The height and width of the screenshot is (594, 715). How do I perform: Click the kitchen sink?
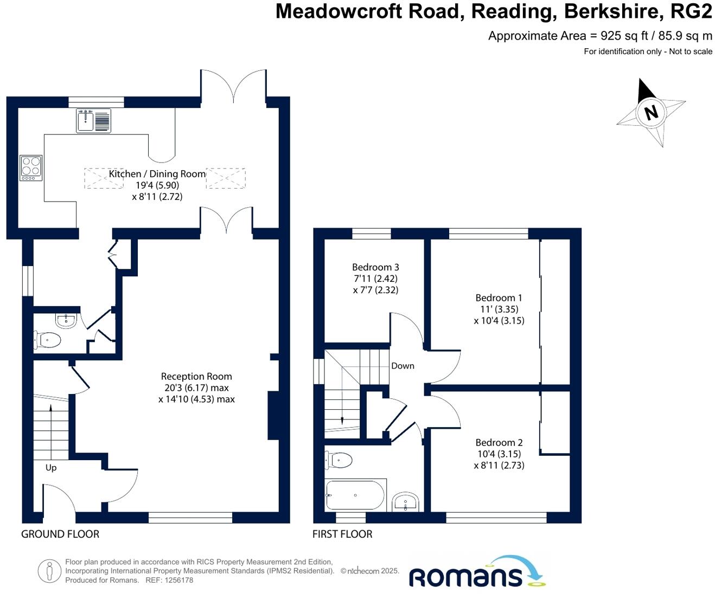(86, 120)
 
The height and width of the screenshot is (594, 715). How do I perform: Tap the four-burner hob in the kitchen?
(31, 167)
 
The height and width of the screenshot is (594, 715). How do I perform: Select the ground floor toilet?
(47, 340)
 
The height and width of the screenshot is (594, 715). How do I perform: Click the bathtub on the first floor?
(355, 495)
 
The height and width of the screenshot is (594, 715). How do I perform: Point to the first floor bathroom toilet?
(339, 460)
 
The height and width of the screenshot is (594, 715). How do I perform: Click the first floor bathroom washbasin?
(405, 502)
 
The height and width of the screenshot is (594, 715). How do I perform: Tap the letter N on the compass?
(650, 112)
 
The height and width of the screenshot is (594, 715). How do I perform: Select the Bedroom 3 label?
(375, 267)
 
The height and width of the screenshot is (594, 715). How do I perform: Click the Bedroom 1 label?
(499, 298)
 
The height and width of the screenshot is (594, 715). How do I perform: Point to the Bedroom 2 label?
(499, 442)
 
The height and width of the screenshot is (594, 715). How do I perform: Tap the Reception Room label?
(196, 376)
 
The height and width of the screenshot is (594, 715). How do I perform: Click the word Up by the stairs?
(51, 467)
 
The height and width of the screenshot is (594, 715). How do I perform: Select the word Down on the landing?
(403, 366)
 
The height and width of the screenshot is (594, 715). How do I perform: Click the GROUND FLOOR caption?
(60, 534)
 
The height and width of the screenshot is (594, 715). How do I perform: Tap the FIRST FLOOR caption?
(342, 534)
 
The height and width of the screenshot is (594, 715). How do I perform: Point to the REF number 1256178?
(179, 580)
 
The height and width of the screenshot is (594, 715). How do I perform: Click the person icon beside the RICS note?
(49, 571)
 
